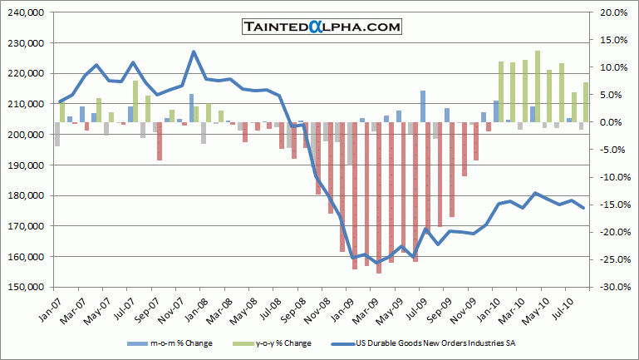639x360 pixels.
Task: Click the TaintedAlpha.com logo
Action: point(322,27)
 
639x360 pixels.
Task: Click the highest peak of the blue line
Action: point(194,52)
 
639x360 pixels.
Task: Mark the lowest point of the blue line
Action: point(378,262)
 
